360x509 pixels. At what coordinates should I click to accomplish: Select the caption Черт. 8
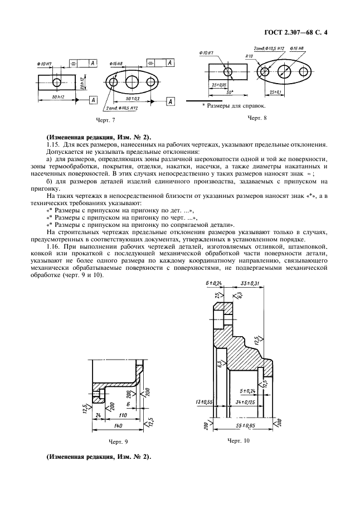257,118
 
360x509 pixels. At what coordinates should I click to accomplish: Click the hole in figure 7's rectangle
57,82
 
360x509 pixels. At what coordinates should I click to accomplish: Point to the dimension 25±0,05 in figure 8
218,85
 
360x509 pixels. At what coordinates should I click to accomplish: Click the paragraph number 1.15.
52,144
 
